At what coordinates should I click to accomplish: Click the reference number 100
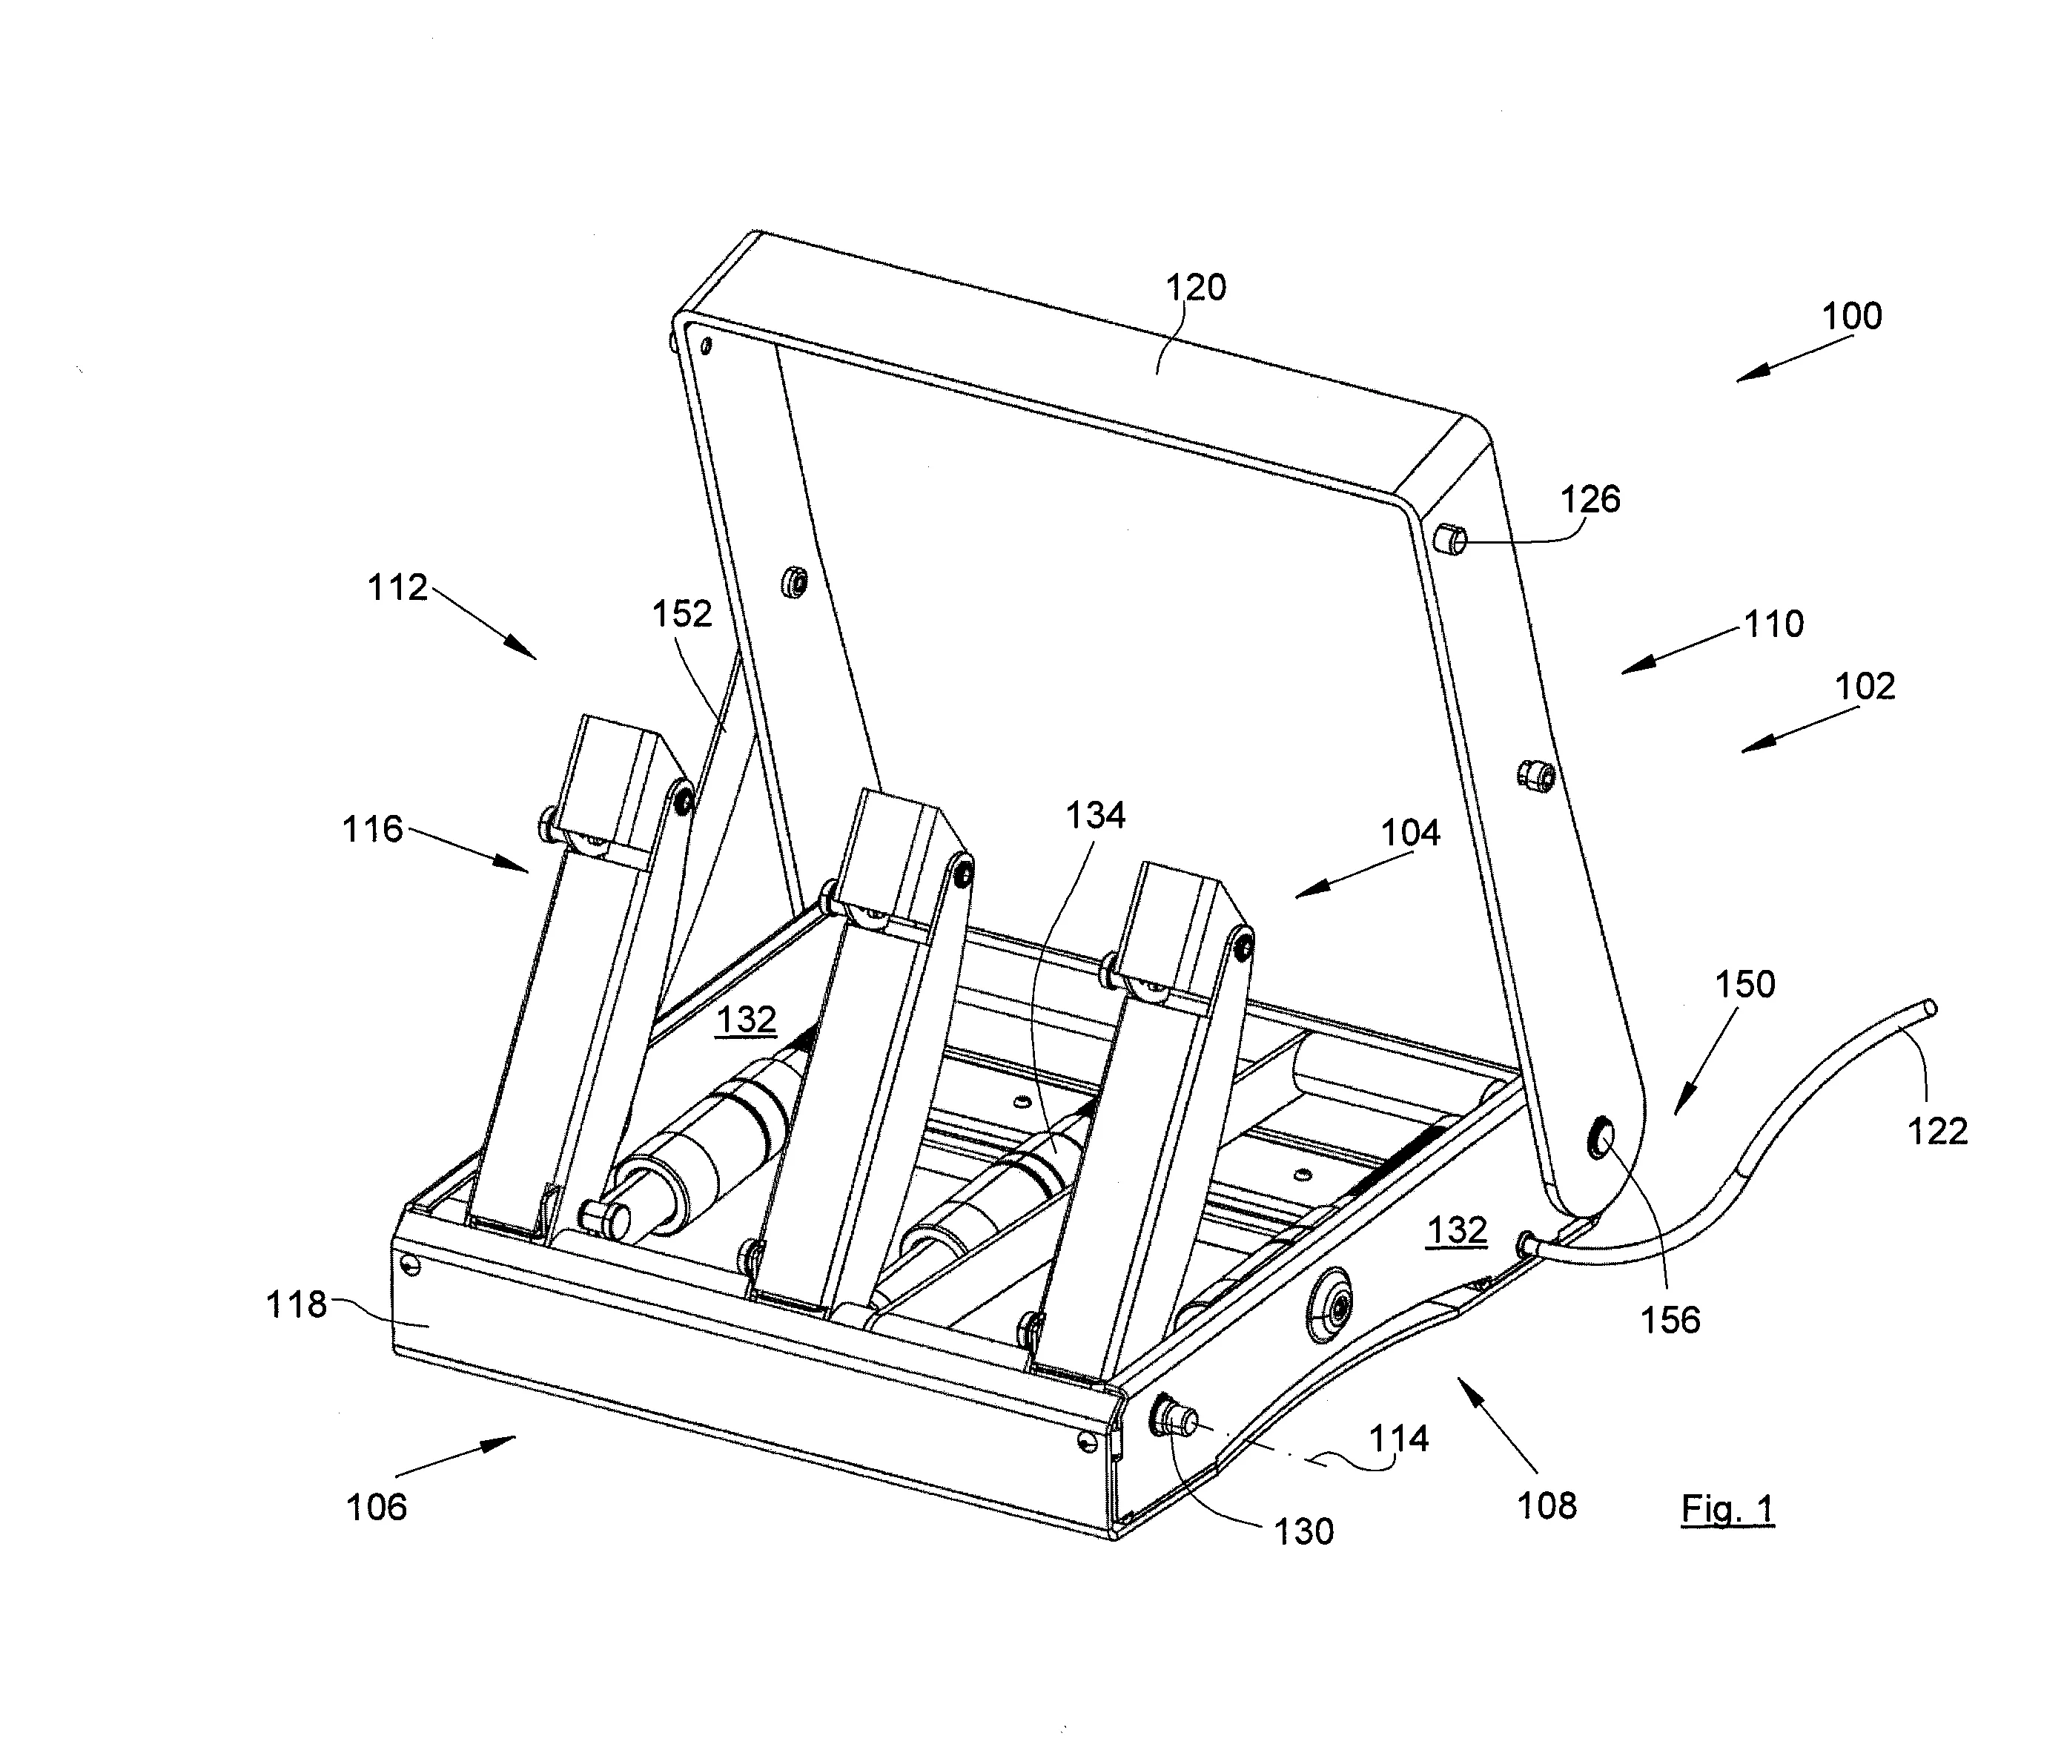tap(1851, 317)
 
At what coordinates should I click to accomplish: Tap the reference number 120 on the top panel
tap(1195, 288)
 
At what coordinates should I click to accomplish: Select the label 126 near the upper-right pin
tap(1590, 499)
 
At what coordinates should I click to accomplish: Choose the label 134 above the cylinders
tap(1095, 816)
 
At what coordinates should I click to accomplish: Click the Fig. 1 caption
tap(1727, 1509)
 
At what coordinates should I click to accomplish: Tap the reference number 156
tap(1670, 1320)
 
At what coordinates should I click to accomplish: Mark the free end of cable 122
tap(1931, 1008)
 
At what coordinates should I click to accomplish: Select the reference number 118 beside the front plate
tap(296, 1304)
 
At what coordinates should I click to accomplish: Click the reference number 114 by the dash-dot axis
tap(1398, 1439)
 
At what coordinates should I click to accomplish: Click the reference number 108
tap(1547, 1506)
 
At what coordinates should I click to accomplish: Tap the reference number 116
tap(372, 829)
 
